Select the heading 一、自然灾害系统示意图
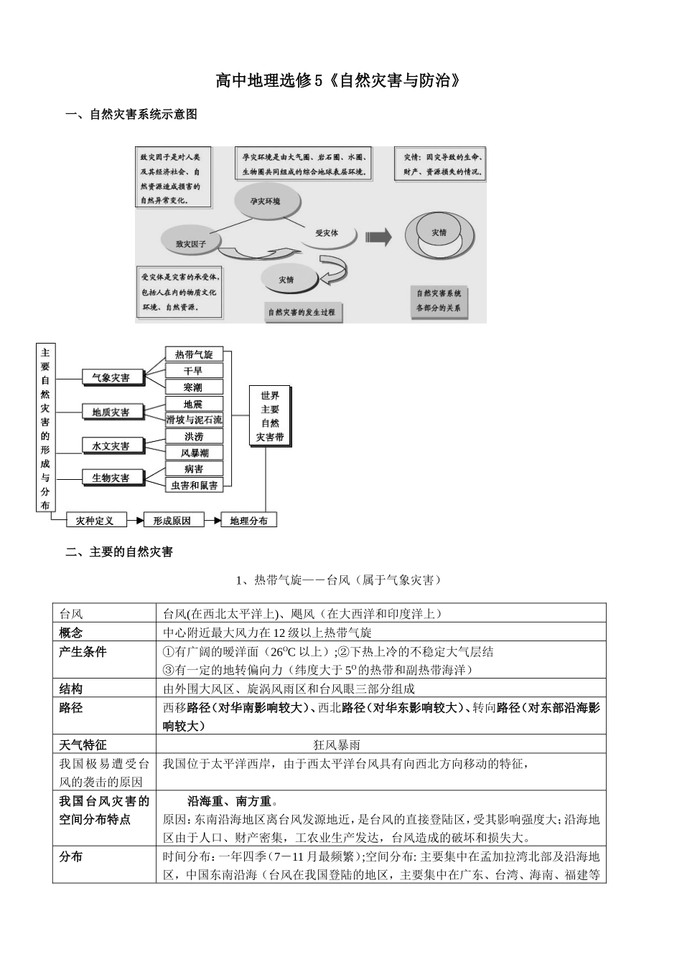[131, 114]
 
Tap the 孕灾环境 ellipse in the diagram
[266, 202]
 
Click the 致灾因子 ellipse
[191, 242]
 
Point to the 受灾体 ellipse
[327, 234]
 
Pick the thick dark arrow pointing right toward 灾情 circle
[378, 236]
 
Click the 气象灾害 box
[111, 377]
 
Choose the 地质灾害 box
[111, 412]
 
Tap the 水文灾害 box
[111, 445]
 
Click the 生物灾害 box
[111, 478]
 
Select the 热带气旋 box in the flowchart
[194, 354]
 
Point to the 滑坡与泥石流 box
[194, 420]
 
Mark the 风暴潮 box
[194, 453]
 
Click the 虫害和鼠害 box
[194, 486]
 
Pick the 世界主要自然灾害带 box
[270, 416]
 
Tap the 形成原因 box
[172, 521]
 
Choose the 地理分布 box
[248, 521]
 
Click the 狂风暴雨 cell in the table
[337, 745]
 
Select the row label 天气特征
[83, 745]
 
